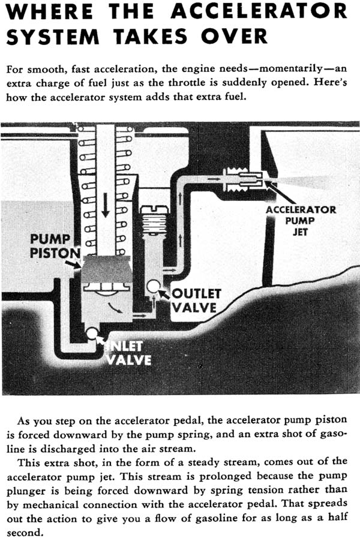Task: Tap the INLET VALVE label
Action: (x=128, y=354)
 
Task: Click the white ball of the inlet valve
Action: (x=92, y=333)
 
